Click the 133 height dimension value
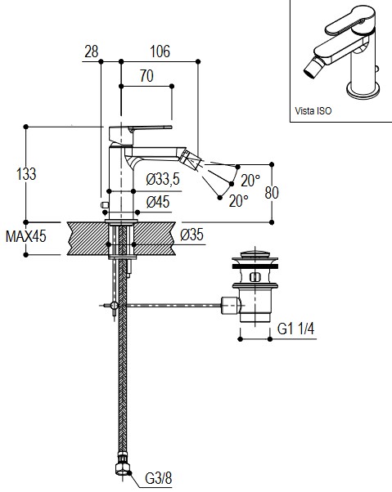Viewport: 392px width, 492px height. click(26, 174)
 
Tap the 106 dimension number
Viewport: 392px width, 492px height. click(160, 51)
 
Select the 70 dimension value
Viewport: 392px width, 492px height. click(146, 76)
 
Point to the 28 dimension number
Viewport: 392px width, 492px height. click(92, 51)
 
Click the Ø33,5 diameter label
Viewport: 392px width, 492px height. click(163, 179)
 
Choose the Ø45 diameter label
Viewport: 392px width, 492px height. click(158, 202)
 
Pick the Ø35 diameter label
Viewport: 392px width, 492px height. click(192, 235)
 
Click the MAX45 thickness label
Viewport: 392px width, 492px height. click(25, 236)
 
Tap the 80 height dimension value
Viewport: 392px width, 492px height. click(272, 193)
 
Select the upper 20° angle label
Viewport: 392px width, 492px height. click(250, 181)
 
